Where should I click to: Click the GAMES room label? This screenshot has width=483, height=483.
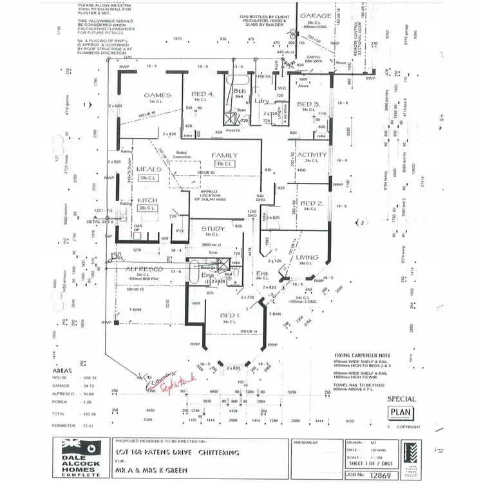coord(157,95)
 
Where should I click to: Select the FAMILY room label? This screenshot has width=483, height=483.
coord(224,155)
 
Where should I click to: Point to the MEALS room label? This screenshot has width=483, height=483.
coord(149,169)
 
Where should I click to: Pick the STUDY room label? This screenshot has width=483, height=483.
coord(213,229)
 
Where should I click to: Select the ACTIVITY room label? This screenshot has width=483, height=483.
coord(312,155)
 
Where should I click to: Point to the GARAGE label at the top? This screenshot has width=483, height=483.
coord(316,16)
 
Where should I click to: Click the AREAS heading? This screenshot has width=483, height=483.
coord(62,371)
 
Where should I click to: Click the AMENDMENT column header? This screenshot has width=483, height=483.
coord(306,443)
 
